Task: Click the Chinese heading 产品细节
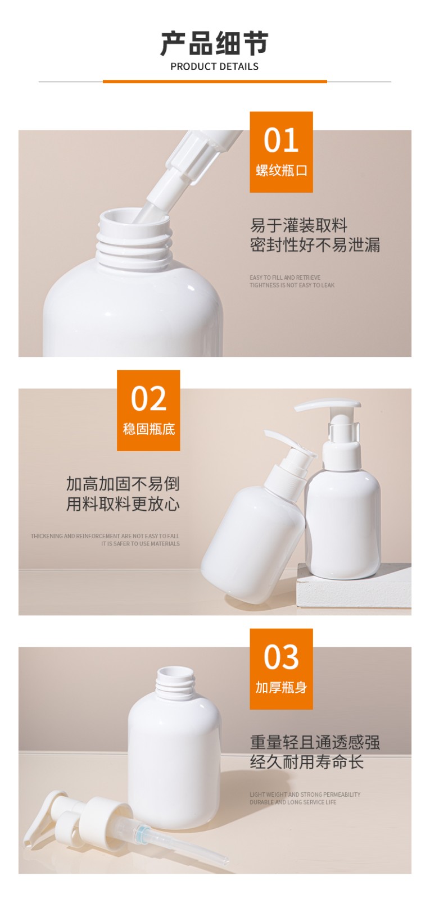pyautogui.click(x=214, y=43)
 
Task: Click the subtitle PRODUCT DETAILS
pyautogui.click(x=214, y=66)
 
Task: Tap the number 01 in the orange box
pyautogui.click(x=281, y=140)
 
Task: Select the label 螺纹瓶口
pyautogui.click(x=281, y=171)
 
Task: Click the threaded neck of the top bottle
pyautogui.click(x=134, y=247)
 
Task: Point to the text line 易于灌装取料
pyautogui.click(x=298, y=226)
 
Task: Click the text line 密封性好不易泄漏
pyautogui.click(x=315, y=245)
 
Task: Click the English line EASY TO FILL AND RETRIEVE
pyautogui.click(x=285, y=278)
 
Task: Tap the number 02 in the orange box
pyautogui.click(x=148, y=399)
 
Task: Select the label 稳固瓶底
pyautogui.click(x=148, y=429)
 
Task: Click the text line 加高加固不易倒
pyautogui.click(x=123, y=484)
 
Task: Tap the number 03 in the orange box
pyautogui.click(x=281, y=657)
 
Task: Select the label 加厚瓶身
pyautogui.click(x=281, y=688)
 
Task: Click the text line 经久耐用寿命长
pyautogui.click(x=306, y=762)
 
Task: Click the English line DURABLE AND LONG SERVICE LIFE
pyautogui.click(x=293, y=802)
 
